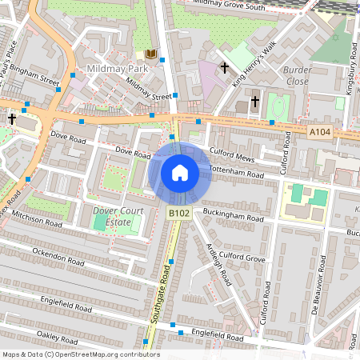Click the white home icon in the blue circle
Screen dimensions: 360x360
pos(180,173)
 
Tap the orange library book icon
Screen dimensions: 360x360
pos(151,54)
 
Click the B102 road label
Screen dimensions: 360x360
pos(178,213)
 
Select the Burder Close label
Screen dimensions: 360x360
pos(296,75)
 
